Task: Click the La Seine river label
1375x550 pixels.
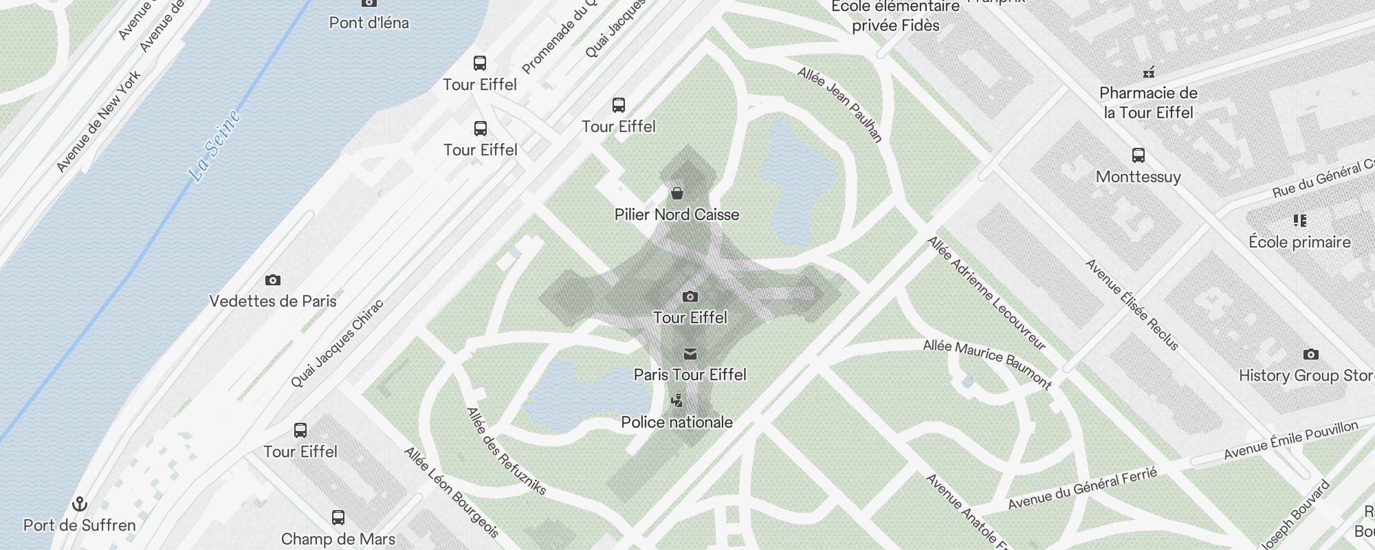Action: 215,146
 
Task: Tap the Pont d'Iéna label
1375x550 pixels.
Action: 369,23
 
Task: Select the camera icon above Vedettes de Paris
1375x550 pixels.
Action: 273,280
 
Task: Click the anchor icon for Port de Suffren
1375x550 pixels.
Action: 80,505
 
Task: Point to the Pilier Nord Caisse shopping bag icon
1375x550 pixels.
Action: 677,192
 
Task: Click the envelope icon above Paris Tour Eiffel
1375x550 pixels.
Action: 690,354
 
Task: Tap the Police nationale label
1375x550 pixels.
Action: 676,422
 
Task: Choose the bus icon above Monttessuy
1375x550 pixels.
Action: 1138,155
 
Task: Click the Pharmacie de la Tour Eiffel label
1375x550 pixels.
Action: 1148,102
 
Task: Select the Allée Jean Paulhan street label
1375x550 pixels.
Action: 839,104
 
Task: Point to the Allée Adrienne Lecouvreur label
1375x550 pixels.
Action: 986,293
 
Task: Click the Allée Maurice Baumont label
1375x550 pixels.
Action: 987,364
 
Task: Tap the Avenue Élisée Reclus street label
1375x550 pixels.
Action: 1131,304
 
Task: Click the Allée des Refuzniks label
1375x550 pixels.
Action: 506,451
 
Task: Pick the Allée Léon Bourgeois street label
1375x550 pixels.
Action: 451,492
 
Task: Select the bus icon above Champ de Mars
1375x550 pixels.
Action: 338,518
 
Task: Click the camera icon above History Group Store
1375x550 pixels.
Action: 1310,355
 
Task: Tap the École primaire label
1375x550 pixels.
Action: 1299,242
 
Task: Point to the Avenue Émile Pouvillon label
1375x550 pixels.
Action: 1290,440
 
